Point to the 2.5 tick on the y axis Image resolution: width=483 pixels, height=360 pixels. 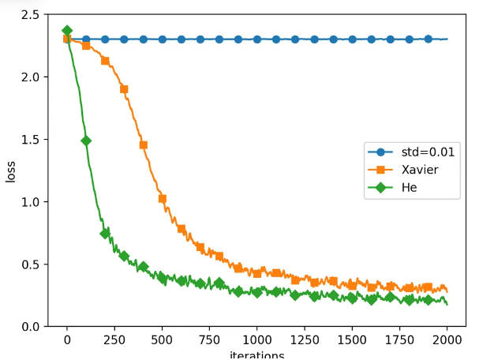coord(32,15)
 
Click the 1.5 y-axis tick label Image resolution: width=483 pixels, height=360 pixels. coord(32,140)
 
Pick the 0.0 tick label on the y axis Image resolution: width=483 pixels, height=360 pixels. coord(32,326)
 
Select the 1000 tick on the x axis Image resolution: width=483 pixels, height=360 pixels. coord(256,340)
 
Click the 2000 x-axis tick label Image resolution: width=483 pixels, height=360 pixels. coord(447,340)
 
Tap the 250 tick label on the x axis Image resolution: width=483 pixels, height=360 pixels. coord(114,340)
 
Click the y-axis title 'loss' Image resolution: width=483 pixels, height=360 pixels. coord(11,170)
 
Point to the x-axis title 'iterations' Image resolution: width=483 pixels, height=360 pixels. coord(256,354)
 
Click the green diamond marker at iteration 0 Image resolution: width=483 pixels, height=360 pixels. coord(67,31)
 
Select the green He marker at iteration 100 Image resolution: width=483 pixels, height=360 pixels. coord(86,141)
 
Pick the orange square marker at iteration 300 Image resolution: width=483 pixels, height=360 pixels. coord(124,89)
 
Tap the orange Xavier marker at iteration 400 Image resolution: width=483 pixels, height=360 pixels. coord(143,145)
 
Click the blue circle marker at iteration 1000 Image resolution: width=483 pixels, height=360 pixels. coord(256,39)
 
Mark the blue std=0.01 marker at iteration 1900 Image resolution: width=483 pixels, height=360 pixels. coord(428,39)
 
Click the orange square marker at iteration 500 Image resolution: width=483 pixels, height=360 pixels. coord(162,199)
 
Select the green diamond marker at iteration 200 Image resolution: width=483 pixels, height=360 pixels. coord(105,234)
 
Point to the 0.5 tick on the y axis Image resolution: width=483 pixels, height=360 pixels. coord(32,264)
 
